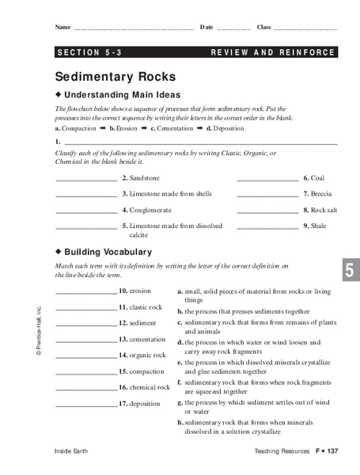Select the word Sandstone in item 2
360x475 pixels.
click(145, 178)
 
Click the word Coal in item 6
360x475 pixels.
click(317, 178)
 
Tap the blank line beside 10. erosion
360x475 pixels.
click(85, 292)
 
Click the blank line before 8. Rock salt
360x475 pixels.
click(267, 211)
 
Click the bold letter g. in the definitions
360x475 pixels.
click(180, 402)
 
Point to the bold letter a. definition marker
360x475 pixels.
click(180, 291)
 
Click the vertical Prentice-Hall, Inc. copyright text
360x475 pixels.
click(38, 333)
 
